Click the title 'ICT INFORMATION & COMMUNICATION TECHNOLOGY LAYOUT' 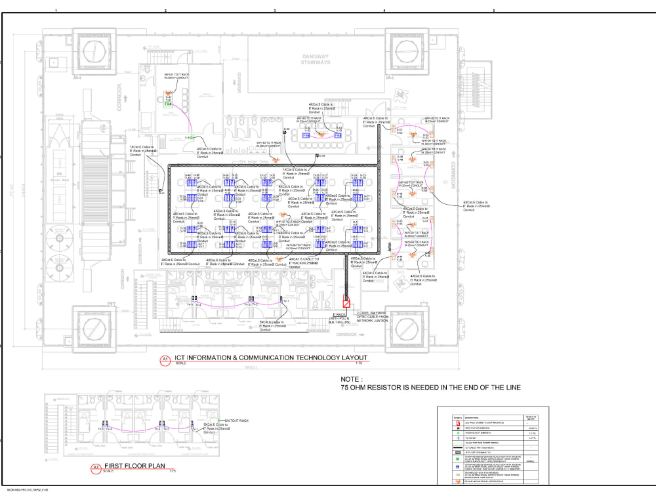click(270, 358)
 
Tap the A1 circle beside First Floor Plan click(96, 468)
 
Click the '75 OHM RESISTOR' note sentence click(430, 388)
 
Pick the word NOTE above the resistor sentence click(350, 379)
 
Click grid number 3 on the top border click(274, 10)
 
